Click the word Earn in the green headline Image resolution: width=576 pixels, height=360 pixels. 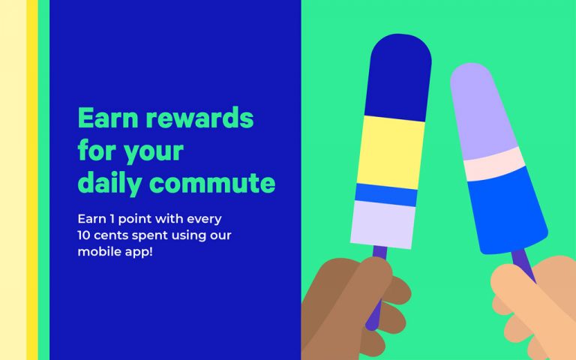[108, 118]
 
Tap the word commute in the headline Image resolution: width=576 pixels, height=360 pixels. [213, 182]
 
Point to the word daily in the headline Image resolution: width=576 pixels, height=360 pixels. [109, 183]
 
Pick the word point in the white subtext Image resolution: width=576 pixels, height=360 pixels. [136, 219]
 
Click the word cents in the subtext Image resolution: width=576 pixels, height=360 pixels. [111, 235]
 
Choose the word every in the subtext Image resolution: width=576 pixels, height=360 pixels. [204, 220]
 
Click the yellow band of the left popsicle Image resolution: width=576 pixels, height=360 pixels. [391, 152]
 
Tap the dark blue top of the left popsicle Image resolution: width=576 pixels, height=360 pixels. [398, 77]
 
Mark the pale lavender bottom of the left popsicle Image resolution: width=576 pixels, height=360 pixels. [382, 224]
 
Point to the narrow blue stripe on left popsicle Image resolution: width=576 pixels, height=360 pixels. [386, 195]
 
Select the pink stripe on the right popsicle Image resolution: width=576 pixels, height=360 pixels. [494, 163]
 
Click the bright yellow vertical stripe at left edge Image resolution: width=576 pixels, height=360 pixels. [32, 180]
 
